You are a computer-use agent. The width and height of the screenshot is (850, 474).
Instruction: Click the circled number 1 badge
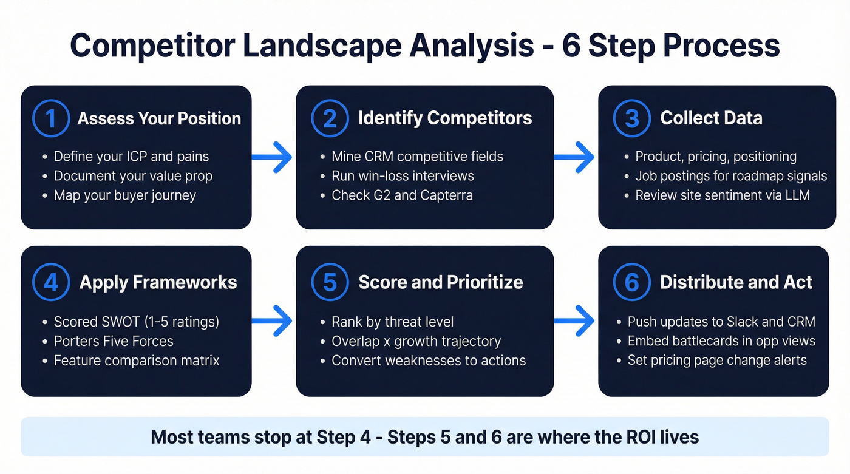pos(51,118)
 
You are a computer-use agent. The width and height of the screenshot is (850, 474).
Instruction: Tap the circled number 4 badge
pos(51,282)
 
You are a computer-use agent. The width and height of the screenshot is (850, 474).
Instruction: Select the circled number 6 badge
pos(632,282)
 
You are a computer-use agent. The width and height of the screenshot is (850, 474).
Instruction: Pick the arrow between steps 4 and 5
pos(273,322)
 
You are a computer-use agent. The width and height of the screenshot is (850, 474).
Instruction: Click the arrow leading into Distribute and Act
pos(576,322)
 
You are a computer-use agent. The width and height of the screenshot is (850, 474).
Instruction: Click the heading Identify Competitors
pos(445,118)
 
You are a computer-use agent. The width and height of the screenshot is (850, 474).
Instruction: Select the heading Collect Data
pos(711,118)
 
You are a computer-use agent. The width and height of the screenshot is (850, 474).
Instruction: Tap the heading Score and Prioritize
pos(441,282)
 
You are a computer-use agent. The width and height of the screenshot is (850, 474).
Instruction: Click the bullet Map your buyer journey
pos(125,195)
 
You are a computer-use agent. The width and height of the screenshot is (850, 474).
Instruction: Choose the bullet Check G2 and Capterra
pos(402,195)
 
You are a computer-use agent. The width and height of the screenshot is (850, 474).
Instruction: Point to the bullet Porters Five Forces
pos(114,341)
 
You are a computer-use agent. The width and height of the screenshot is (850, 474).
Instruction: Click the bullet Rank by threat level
pos(392,322)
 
